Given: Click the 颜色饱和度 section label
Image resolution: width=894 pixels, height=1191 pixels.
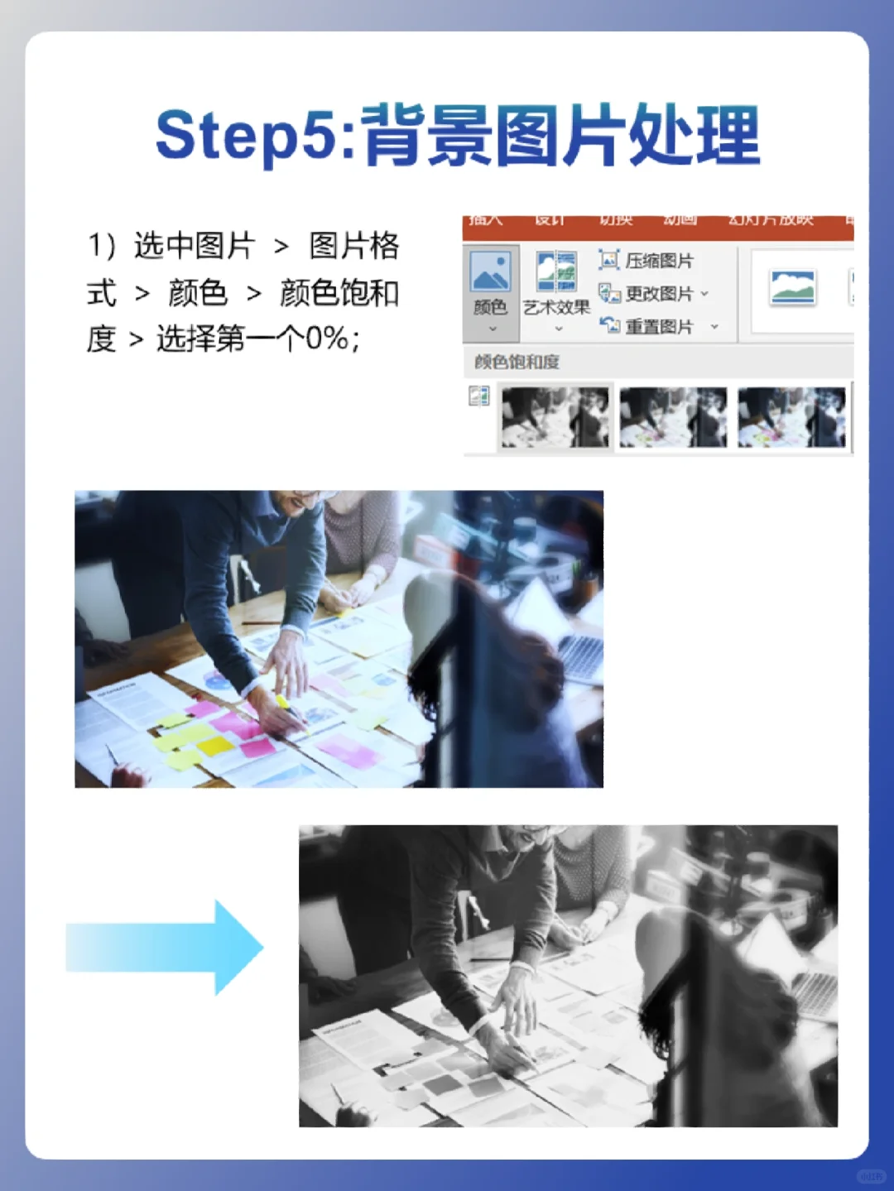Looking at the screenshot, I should click(517, 362).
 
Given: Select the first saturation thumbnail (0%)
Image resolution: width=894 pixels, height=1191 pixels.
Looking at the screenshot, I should click(555, 418).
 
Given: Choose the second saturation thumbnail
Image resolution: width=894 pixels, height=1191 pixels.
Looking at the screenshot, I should click(673, 418).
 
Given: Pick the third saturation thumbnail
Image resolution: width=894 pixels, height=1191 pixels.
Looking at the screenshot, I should click(791, 418).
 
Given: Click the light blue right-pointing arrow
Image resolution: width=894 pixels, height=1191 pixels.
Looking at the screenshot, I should click(166, 947).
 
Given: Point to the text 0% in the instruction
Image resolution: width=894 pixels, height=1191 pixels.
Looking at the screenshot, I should click(327, 339).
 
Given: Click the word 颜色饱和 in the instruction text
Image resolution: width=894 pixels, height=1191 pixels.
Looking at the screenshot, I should click(339, 293).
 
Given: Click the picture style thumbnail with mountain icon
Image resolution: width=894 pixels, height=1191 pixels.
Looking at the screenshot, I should click(792, 288).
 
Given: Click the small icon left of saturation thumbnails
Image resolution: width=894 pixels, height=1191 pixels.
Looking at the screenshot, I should click(479, 396).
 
